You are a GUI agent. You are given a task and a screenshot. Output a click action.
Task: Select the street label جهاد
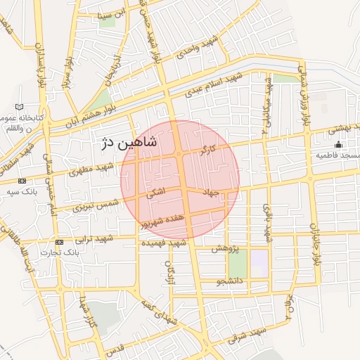211,191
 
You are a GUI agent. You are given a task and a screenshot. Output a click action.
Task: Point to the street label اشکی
155,192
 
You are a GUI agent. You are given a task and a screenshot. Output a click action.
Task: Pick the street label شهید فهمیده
163,243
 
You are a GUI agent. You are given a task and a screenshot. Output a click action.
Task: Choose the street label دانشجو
230,282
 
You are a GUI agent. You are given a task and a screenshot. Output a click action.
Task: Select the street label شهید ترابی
94,238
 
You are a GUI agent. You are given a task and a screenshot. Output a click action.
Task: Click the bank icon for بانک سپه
22,181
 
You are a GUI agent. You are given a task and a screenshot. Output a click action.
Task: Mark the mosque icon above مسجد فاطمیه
338,145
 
